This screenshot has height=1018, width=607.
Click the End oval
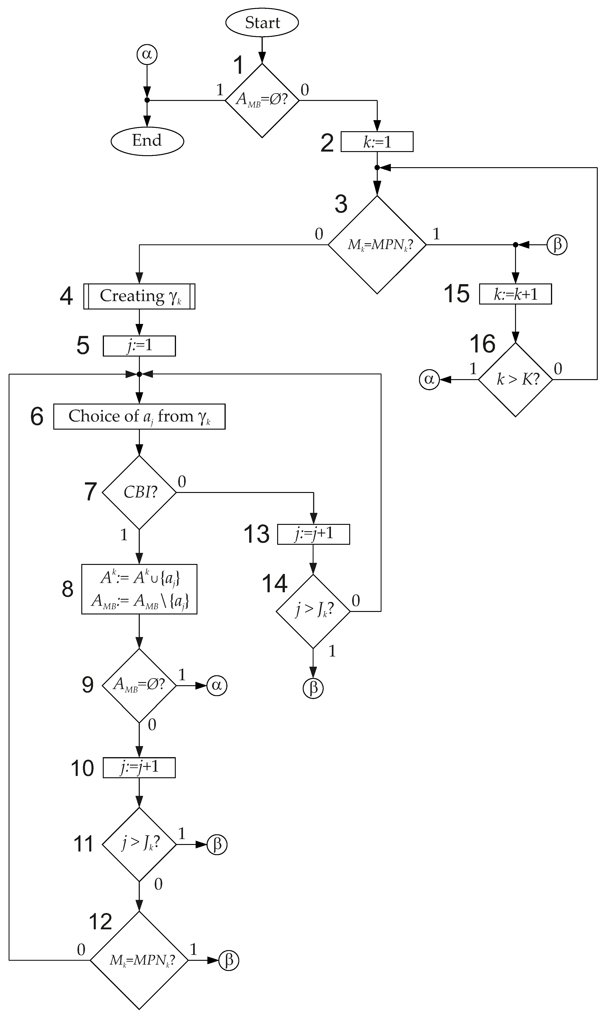click(147, 140)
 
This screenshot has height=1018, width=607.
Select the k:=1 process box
click(377, 142)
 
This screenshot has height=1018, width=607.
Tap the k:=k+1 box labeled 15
click(515, 294)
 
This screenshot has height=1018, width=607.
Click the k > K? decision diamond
click(515, 380)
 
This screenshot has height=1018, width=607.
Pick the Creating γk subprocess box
click(139, 296)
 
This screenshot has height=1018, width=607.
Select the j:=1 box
click(139, 346)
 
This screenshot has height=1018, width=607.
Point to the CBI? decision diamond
click(139, 492)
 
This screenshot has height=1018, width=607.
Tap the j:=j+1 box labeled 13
click(313, 534)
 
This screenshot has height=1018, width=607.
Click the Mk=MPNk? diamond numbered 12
click(139, 960)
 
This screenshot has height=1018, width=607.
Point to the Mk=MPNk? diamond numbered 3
click(377, 245)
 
